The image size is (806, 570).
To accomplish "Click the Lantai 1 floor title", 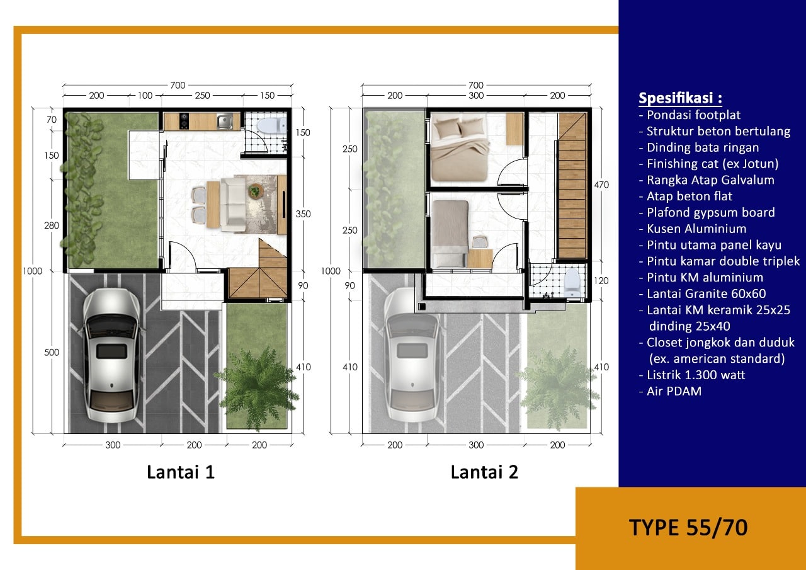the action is point(181,472).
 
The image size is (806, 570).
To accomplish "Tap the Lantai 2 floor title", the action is point(485,472).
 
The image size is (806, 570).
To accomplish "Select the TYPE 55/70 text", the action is point(688,528).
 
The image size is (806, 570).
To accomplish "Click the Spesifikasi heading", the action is point(680,98).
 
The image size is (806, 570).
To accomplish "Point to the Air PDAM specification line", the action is point(671,391).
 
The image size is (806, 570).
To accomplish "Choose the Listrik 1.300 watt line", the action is point(692,375).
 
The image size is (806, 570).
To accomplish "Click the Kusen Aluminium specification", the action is point(693,229).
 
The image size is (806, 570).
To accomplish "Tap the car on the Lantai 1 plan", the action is point(111,355).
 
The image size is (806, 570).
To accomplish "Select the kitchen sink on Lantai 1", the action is point(225,122).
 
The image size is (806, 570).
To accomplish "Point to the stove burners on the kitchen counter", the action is point(184,122).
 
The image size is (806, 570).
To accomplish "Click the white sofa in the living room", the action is point(232,204).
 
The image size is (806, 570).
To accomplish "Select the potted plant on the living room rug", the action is point(256,191).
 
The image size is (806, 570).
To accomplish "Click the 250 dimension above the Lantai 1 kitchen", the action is point(202,96).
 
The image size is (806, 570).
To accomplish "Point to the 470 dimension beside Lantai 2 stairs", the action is point(601,185).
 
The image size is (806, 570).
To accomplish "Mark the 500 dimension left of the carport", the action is point(52,352).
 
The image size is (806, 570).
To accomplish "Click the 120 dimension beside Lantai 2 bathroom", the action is point(601,281).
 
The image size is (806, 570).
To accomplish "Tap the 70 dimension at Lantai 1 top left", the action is point(52,120).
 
